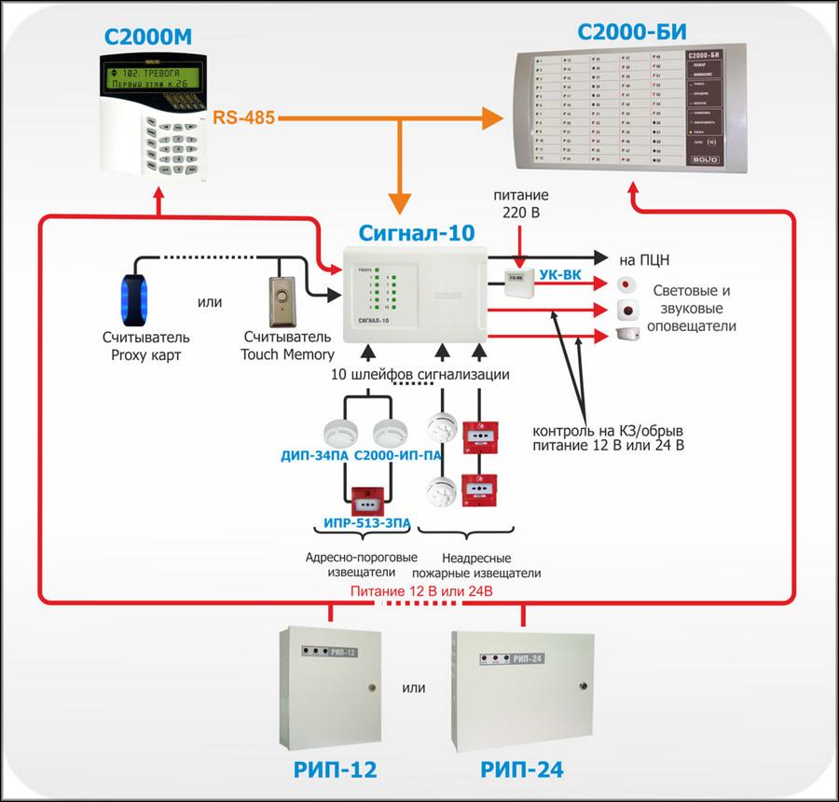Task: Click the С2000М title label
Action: tap(155, 41)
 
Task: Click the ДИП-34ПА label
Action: tap(314, 456)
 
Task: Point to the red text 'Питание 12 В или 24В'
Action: tap(420, 592)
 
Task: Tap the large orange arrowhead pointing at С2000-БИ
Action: tap(491, 118)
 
